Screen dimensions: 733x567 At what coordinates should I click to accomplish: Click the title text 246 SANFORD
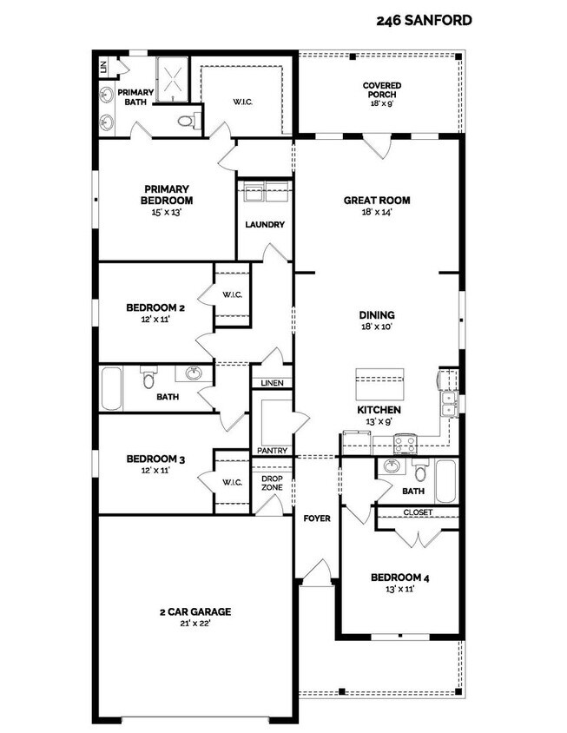click(x=425, y=20)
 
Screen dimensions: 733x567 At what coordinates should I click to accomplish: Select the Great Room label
click(x=376, y=200)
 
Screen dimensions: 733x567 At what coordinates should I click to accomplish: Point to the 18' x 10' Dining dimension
click(x=376, y=327)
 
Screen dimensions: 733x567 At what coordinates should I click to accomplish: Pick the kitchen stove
click(x=405, y=443)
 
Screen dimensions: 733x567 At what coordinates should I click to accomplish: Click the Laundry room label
click(x=265, y=225)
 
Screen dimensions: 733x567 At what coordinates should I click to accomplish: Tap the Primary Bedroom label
click(x=167, y=195)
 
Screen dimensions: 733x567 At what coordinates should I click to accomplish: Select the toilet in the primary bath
click(x=187, y=122)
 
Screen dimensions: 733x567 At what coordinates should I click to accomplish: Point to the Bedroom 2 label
click(x=155, y=307)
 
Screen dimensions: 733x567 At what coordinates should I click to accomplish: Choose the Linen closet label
click(x=272, y=383)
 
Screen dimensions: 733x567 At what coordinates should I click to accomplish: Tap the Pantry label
click(x=272, y=451)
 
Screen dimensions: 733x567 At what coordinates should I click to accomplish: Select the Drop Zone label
click(x=272, y=482)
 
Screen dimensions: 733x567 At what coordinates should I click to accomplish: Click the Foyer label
click(x=316, y=518)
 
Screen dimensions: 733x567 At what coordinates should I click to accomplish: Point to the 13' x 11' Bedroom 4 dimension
click(x=399, y=589)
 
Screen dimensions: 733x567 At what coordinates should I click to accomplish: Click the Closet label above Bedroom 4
click(x=417, y=512)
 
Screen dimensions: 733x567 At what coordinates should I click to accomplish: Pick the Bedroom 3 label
click(x=155, y=459)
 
